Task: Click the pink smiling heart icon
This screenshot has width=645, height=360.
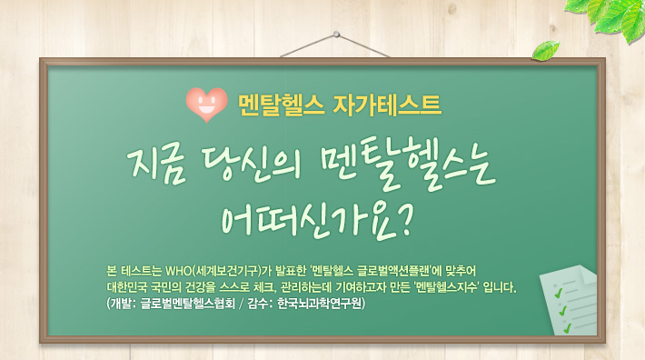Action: (x=205, y=104)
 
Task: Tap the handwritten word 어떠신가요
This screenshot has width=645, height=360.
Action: (x=309, y=217)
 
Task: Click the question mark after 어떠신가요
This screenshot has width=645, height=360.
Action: (x=406, y=216)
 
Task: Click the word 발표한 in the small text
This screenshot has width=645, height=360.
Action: (x=288, y=270)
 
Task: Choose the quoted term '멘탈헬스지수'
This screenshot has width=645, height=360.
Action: (x=451, y=287)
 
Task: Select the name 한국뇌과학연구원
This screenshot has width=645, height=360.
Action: (x=321, y=305)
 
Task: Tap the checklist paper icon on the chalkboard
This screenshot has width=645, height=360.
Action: (x=564, y=299)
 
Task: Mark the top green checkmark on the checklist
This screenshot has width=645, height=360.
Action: (x=561, y=291)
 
